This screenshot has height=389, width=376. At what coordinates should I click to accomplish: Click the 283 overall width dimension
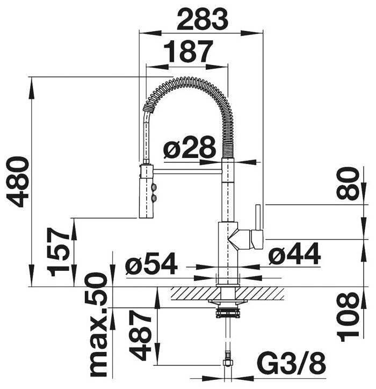click(202, 19)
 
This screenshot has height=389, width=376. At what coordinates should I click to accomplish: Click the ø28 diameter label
click(190, 148)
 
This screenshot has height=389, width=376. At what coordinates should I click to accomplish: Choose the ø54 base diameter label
click(152, 263)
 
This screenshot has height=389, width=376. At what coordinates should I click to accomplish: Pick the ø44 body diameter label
click(294, 254)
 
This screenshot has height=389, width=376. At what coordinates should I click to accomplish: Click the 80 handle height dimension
click(348, 183)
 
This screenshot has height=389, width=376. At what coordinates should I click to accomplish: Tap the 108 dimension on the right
click(348, 318)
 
